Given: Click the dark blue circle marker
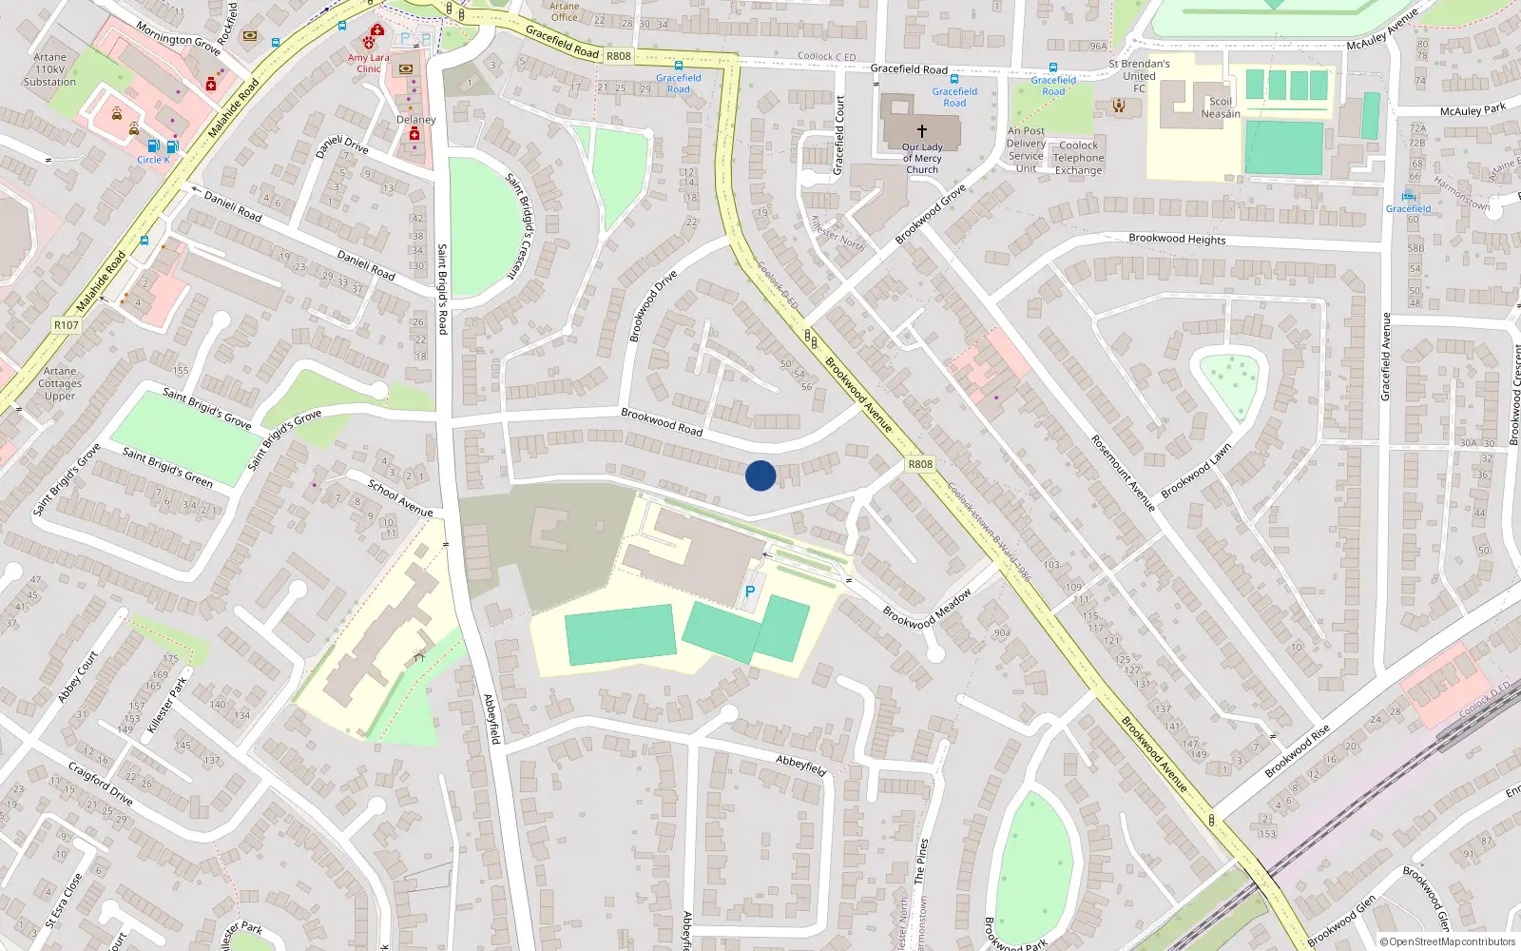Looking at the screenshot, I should point(760,475).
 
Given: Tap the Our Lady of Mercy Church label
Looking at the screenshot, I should point(922,159).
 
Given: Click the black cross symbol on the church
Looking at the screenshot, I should point(921,131).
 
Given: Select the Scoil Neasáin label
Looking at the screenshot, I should point(1221,107).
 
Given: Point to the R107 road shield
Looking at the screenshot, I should point(67,325).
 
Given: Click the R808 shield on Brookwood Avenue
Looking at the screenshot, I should point(920,464).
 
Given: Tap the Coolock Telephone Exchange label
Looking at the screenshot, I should point(1078,158).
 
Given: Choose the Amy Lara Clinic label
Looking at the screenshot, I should point(369,63).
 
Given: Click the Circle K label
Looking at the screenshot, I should point(153,160).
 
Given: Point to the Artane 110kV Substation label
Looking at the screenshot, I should point(49,69).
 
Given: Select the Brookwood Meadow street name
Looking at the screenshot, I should point(927,608).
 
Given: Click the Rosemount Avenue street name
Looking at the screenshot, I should point(1123,473).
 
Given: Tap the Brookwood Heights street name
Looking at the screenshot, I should point(1177,239).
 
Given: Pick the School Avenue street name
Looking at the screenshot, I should point(400,498).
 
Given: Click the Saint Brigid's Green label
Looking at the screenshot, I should point(167,466).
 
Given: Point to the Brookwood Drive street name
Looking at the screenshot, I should point(653,305).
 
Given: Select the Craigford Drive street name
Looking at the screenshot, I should point(100,783).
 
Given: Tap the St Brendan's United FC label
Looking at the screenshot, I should point(1139,76).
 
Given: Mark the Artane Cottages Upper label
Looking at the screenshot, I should point(60,383).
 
